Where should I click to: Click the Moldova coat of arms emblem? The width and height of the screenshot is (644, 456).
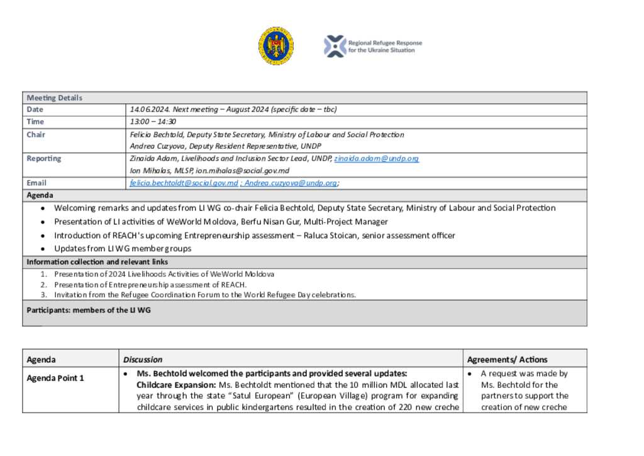coord(275,46)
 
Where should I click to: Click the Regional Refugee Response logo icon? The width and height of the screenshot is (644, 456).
coord(335,46)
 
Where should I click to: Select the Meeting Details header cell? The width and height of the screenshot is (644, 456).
coord(55,98)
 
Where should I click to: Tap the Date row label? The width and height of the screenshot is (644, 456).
coord(35,110)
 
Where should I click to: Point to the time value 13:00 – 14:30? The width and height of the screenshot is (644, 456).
coord(153,122)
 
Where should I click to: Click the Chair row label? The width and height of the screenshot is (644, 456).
coord(36,134)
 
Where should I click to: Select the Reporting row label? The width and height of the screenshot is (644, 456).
coord(44,159)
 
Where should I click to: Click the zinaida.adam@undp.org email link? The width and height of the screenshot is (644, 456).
coord(376,159)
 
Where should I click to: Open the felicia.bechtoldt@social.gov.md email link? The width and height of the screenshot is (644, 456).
coord(184,183)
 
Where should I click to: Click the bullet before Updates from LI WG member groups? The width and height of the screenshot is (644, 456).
coord(42,249)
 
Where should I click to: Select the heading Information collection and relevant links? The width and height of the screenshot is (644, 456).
coord(97,262)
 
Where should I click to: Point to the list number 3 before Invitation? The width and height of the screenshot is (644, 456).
coord(44,295)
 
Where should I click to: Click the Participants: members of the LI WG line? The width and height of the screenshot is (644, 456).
coord(89,310)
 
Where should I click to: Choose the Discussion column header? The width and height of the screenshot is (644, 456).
coord(143,360)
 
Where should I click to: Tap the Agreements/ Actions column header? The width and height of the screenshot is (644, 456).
coord(507,360)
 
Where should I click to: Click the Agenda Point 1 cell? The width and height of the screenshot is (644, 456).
coord(55,379)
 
